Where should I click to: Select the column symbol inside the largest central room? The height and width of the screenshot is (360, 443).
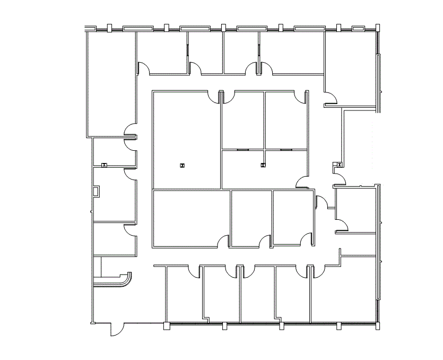[182, 166]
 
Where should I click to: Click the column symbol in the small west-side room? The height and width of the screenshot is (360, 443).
[104, 165]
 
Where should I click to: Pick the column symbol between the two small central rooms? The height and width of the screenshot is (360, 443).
[263, 165]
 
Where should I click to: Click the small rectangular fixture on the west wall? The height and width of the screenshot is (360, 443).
[95, 192]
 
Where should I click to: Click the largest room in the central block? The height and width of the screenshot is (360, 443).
[186, 139]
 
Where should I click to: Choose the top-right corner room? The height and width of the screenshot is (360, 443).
[350, 69]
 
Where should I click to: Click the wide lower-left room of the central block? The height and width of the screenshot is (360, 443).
[191, 218]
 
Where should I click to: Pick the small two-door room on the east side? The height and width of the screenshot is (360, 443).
[355, 210]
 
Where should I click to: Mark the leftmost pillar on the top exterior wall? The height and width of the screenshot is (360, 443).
[109, 28]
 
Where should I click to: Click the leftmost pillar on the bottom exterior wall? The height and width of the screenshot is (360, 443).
[167, 325]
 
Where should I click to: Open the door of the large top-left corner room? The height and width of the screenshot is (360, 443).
[131, 131]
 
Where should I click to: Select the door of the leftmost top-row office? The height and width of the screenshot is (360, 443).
[143, 68]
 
